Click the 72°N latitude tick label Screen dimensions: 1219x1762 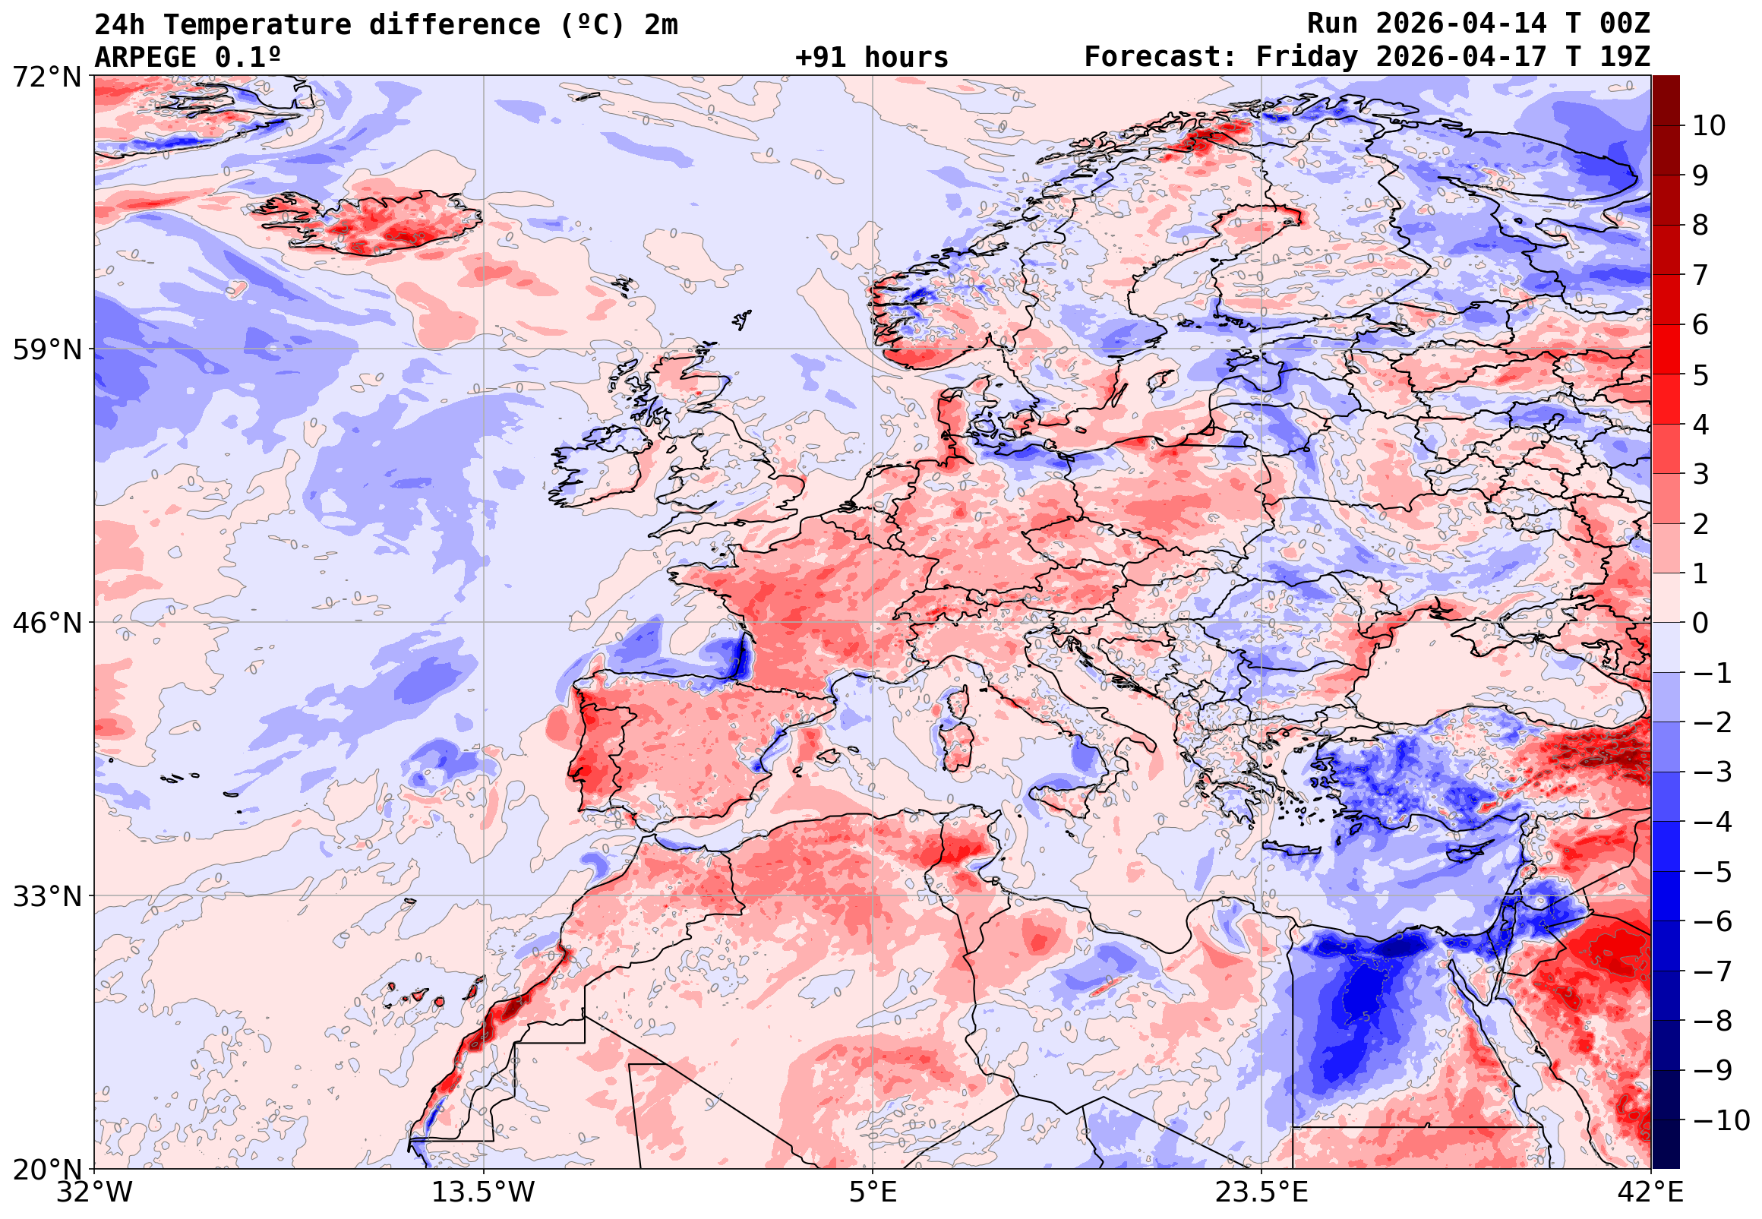(x=46, y=77)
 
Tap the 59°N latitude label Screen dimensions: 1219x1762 (x=46, y=350)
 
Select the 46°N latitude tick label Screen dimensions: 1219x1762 (x=46, y=624)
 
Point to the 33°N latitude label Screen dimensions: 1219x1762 (x=46, y=896)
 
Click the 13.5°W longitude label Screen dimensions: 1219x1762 (x=484, y=1192)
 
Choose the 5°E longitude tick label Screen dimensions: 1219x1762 (x=873, y=1192)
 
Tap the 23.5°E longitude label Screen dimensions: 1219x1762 (x=1262, y=1192)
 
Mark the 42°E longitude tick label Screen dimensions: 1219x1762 (x=1651, y=1192)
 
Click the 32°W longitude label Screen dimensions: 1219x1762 (x=93, y=1192)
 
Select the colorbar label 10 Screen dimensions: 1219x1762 (x=1710, y=126)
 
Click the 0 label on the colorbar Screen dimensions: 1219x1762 (x=1700, y=624)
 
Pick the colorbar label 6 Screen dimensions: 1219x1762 (x=1700, y=324)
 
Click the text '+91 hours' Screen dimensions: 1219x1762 (x=871, y=57)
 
